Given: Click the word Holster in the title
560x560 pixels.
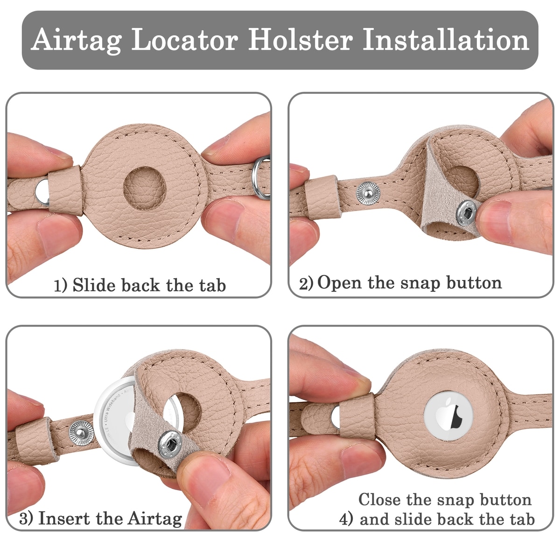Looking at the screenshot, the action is pos(300,40).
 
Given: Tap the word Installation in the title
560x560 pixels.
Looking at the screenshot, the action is pos(446,40).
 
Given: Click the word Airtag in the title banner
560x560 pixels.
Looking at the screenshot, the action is pos(77,41).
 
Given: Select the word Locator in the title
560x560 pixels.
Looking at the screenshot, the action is pos(185,40).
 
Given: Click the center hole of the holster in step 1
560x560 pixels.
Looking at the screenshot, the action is pos(144,188).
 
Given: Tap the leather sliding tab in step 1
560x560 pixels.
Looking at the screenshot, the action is pos(66,190).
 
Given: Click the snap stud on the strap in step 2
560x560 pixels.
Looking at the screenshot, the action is pos(368,193).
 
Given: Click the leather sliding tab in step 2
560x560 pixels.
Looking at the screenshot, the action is pos(323,197).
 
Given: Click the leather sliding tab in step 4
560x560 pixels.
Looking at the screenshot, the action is pos(358,416).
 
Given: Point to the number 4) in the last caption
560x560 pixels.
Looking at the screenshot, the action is pos(346,519).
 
